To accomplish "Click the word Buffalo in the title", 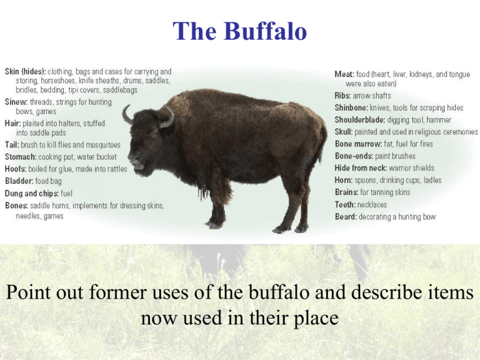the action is pos(266,31).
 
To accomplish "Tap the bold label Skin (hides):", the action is pos(26,72).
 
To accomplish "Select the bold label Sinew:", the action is pos(16,102).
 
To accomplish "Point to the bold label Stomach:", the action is pos(21,157).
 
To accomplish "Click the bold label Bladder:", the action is pos(19,181).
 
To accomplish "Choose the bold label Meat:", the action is pos(344,74).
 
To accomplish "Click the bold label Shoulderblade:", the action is pos(360,120).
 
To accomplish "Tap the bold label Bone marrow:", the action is pos(358,144).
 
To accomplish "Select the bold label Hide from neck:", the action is pos(361,168).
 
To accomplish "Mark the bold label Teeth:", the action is pos(345,204).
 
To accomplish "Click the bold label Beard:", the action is pos(346,217).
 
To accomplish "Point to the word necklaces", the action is pos(372,204).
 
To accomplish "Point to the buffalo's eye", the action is pos(154,134).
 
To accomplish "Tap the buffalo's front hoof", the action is pos(213,226).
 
